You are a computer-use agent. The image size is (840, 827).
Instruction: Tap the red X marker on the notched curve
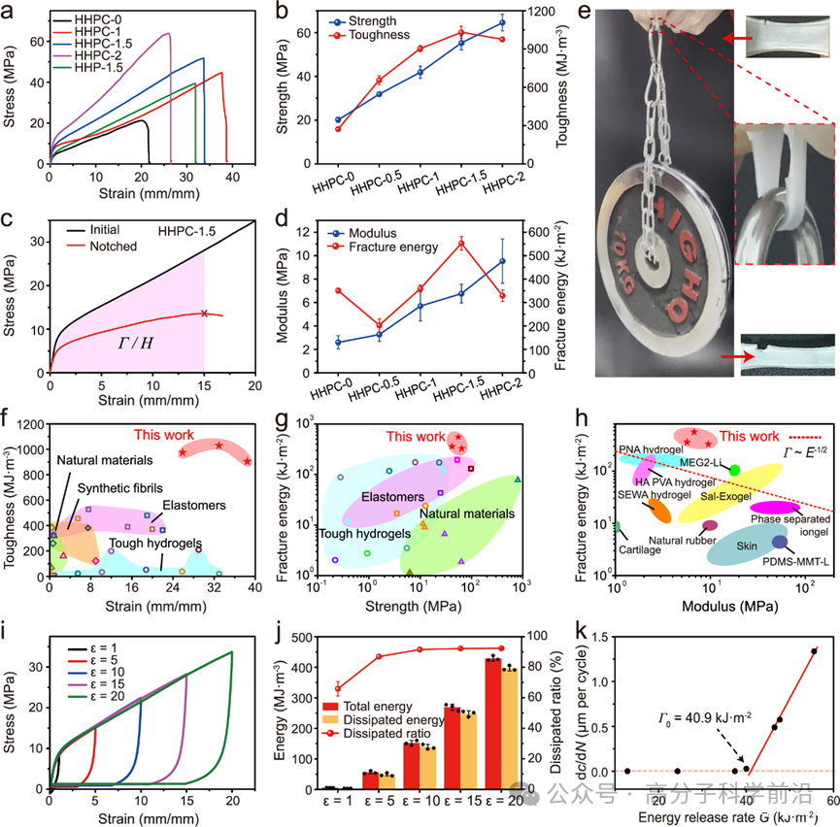[x=204, y=313]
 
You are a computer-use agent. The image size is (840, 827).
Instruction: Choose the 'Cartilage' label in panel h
[x=642, y=549]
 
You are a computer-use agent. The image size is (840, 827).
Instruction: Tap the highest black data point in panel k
[x=814, y=651]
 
